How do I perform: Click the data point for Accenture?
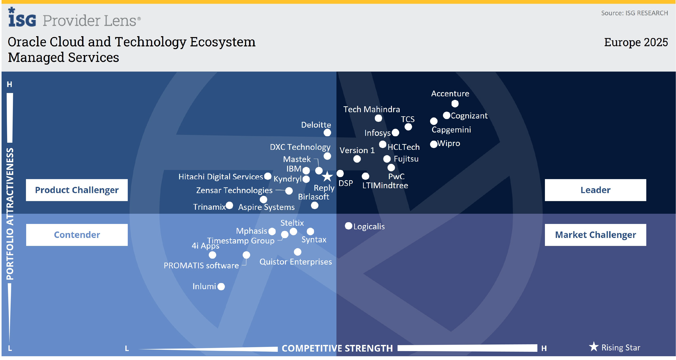point(455,104)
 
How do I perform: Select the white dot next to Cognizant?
point(446,115)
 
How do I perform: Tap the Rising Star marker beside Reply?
point(327,176)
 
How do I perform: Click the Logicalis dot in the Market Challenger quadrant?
point(348,226)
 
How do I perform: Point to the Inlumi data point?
point(221,287)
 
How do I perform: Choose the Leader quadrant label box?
point(595,190)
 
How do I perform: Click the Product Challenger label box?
point(77,190)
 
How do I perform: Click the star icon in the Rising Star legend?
point(593,347)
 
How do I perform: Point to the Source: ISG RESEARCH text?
point(634,13)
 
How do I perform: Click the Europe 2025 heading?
point(636,42)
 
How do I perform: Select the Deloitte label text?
point(316,125)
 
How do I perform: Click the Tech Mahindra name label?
point(371,109)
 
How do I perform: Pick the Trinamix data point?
point(229,205)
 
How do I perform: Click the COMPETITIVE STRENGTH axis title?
point(337,348)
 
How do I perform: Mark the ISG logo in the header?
point(22,18)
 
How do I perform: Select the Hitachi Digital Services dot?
point(268,176)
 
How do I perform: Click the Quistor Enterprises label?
point(295,262)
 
